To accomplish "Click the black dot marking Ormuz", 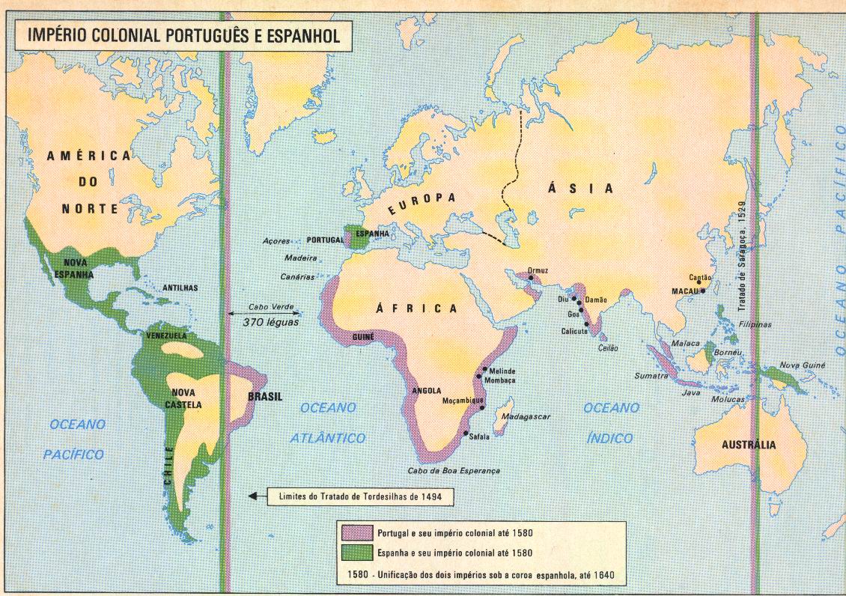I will (530, 278).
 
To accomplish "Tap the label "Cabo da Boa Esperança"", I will (454, 471).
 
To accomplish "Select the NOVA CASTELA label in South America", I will (186, 398).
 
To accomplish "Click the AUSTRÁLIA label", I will (749, 445).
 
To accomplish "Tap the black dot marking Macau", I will (703, 291).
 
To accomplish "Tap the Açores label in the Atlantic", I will (278, 241).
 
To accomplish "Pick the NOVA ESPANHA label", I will (79, 269).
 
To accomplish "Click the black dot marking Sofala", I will (466, 434).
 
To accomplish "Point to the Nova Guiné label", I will (803, 365).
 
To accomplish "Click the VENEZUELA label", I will (168, 335).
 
